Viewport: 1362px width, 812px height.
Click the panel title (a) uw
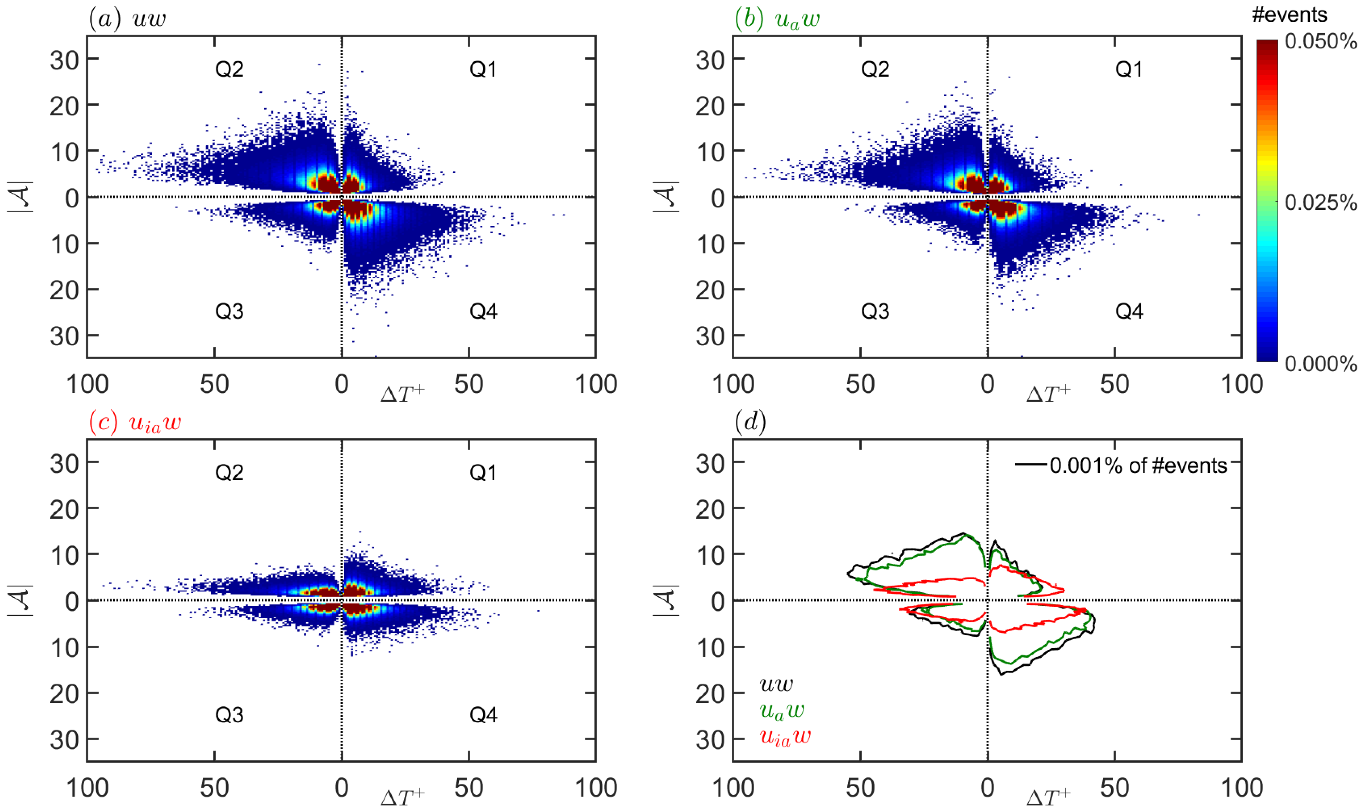127,19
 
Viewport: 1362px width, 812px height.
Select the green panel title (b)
777,19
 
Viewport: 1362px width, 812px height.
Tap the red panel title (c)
135,423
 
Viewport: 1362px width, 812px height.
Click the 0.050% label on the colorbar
1320,42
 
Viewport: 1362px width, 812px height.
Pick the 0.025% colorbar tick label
1320,203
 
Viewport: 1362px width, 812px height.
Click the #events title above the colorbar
1289,15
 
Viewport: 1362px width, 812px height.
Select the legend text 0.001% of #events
1138,466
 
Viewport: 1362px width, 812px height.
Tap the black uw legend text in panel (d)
776,684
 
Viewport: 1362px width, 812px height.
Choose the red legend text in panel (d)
785,737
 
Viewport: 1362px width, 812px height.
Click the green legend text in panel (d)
782,710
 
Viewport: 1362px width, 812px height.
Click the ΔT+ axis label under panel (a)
403,393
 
